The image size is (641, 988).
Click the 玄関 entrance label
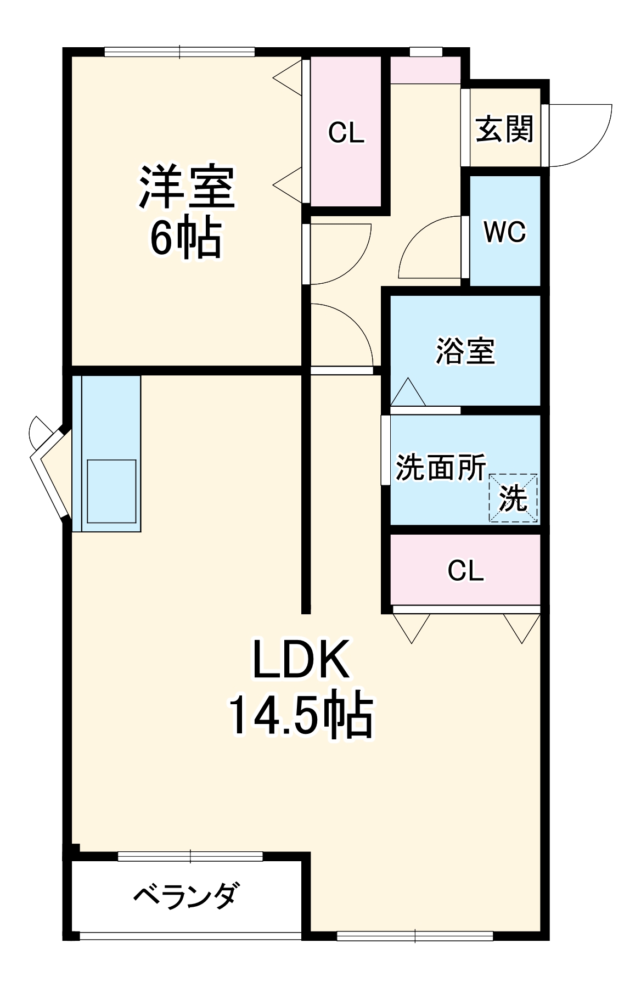(x=504, y=130)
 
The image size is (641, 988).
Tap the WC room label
(x=504, y=232)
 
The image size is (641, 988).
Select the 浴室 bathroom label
(x=465, y=351)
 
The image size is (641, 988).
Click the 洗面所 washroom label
(x=441, y=468)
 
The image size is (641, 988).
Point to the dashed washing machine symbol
(x=513, y=497)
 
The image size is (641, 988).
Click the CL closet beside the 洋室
(x=346, y=133)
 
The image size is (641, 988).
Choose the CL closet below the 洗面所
(x=465, y=571)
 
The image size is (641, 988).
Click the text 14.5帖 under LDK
(x=301, y=717)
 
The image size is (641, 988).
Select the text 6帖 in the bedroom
(x=186, y=239)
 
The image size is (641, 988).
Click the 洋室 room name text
(x=187, y=187)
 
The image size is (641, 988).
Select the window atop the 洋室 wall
(x=179, y=52)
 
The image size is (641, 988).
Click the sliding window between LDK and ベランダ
(x=190, y=856)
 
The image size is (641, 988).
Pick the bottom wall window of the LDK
(x=415, y=936)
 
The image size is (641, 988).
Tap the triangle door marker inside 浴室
(x=408, y=392)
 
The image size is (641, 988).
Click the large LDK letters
(x=301, y=659)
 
